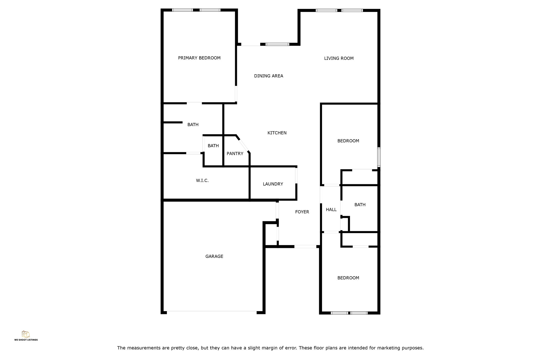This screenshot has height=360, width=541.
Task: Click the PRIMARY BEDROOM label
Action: coord(199,58)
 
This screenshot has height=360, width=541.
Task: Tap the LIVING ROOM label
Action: coord(339,58)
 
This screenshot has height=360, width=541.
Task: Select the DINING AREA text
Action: coord(268,76)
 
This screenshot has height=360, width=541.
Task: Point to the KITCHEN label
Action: coord(277,133)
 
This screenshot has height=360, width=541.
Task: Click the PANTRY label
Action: coord(235,154)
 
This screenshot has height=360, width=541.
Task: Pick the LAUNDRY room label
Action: coord(273,184)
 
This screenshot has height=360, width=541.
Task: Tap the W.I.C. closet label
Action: coord(202,181)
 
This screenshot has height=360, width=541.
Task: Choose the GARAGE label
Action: coord(214,256)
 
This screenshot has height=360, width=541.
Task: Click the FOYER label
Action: coord(302,212)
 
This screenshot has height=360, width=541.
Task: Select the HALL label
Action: coord(331,210)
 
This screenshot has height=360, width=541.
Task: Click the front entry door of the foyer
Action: coord(305,247)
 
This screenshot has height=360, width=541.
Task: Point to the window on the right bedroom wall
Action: coord(379,157)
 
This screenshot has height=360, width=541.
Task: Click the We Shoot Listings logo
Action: coord(26,336)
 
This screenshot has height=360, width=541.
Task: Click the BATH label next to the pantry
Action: coord(213,146)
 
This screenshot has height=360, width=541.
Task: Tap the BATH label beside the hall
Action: coord(360,205)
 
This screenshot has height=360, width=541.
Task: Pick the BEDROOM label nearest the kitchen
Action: coord(348,141)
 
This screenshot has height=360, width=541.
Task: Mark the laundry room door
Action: coord(296,176)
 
